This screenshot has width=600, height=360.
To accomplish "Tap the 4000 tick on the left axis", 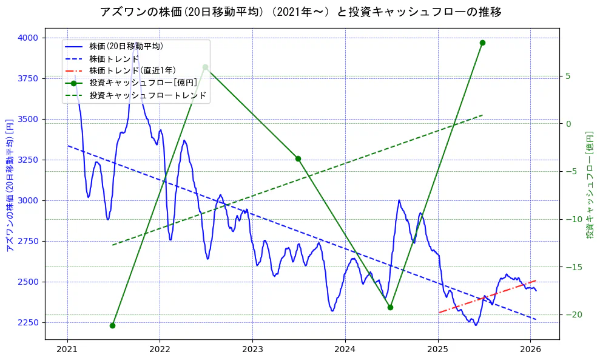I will pos(28,38).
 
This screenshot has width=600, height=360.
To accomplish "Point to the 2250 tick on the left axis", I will pos(28,322).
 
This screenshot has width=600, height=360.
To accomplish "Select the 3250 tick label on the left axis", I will pos(28,160).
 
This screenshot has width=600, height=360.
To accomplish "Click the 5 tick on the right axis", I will pos(568,76).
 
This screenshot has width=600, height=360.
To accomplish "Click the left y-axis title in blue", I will pos(9,185).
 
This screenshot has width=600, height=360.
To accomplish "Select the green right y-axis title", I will pos(590,185).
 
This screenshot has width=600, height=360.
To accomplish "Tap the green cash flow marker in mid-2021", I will pos(112,325).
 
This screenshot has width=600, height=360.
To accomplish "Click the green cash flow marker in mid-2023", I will pos(298,158).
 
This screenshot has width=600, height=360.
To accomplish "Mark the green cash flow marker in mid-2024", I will pos(390,307).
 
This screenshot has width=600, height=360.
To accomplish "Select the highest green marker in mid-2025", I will pos(482,42).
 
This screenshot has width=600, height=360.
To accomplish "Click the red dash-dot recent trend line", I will pos(485,297).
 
